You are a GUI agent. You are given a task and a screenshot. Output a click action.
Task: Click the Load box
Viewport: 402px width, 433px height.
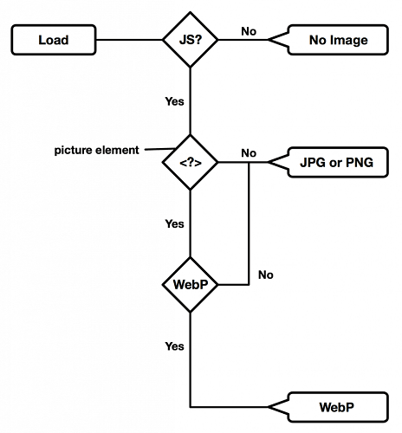(52, 39)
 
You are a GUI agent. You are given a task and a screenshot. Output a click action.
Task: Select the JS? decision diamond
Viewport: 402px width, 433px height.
(189, 39)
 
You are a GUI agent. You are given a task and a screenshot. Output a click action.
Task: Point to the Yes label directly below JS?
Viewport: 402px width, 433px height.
(174, 101)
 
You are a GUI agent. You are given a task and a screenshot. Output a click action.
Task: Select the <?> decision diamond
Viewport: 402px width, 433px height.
(189, 162)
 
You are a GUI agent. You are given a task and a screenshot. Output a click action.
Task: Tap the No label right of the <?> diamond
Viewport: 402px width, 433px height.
(249, 153)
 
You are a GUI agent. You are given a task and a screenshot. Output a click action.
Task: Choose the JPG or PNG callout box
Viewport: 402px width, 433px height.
(336, 162)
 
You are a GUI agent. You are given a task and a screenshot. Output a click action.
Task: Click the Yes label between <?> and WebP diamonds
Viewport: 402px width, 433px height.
(174, 223)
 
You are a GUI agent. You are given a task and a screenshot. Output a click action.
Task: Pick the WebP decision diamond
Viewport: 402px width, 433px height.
(189, 284)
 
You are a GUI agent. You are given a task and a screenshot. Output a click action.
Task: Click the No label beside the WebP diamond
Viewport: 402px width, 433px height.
(266, 275)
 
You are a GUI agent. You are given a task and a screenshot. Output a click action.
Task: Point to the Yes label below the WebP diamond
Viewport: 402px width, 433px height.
(174, 346)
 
